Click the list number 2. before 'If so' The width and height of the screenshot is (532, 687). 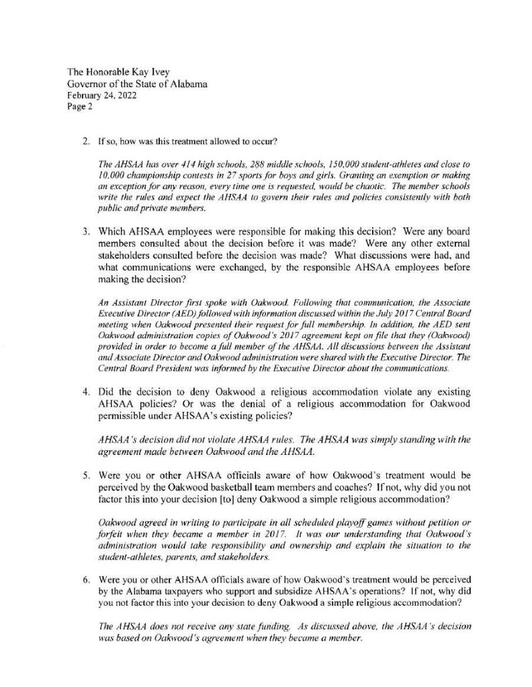[x=85, y=143]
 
